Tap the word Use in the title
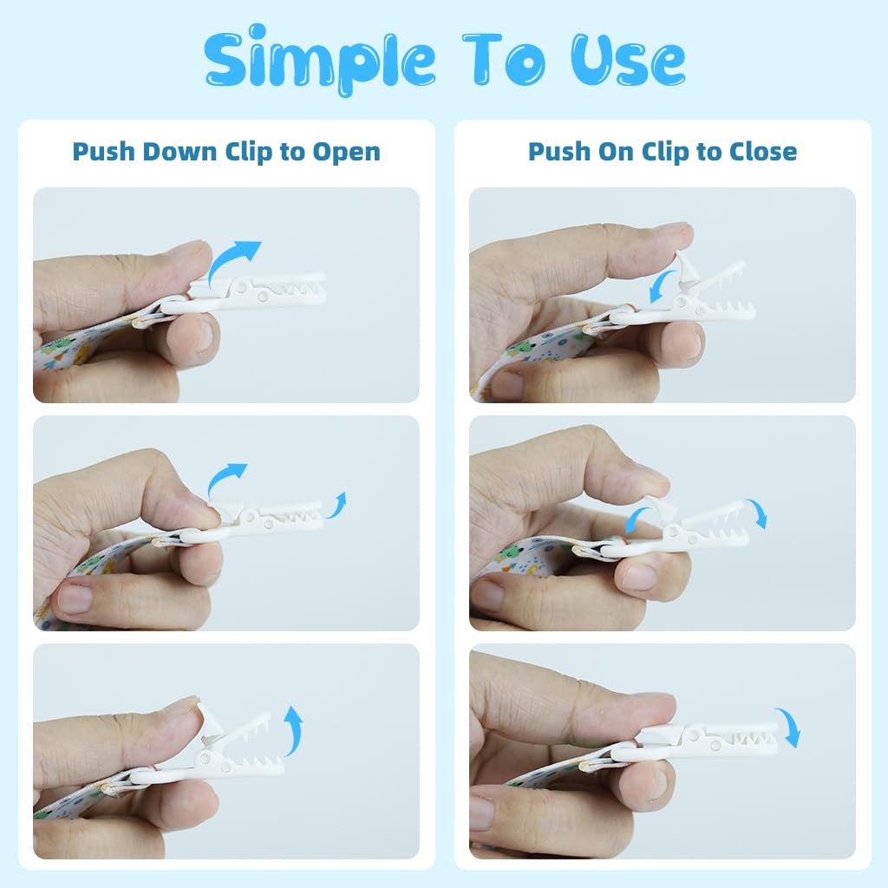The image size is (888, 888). tap(628, 59)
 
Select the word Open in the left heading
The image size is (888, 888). tap(347, 153)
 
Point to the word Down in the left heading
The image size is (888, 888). tap(180, 152)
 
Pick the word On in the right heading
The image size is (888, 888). tap(616, 152)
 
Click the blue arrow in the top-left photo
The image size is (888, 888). tap(232, 261)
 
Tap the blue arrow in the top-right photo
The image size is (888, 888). tap(663, 286)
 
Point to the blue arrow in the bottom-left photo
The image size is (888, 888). tap(293, 730)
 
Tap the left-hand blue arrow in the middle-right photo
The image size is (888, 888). tap(637, 519)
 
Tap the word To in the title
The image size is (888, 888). tap(504, 59)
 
